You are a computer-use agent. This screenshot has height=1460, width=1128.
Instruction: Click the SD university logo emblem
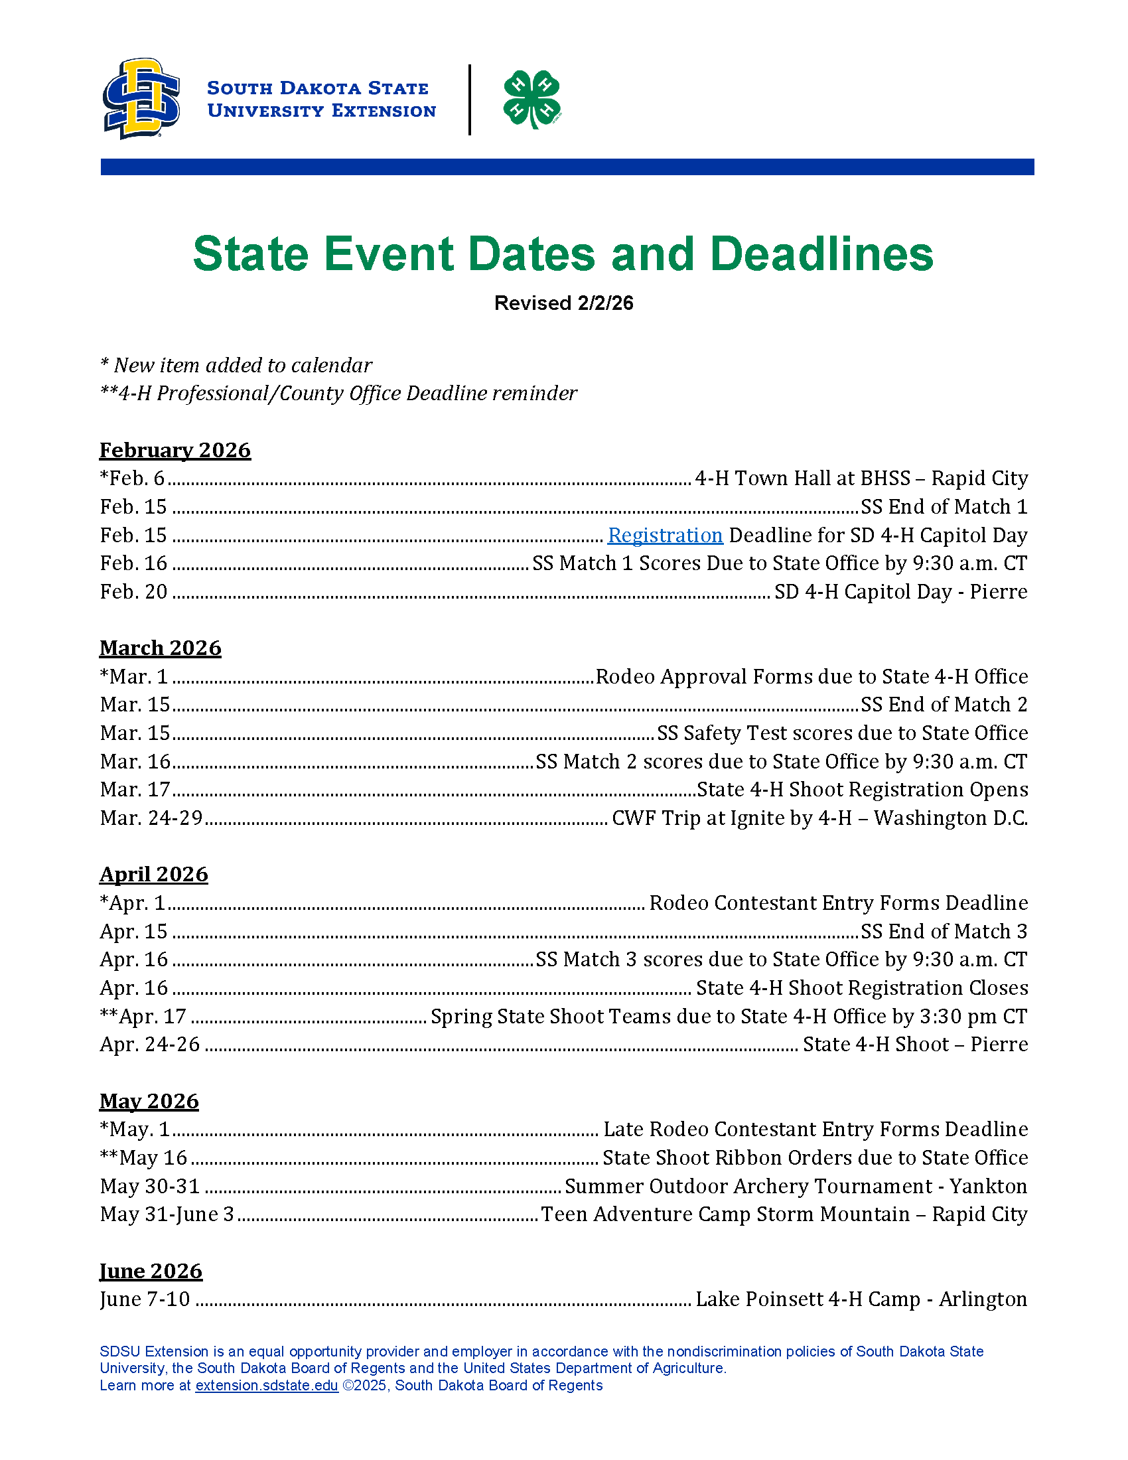[x=141, y=98]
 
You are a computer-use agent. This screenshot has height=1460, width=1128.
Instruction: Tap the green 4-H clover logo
[x=532, y=99]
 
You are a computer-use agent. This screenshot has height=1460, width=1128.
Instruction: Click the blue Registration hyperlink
[x=665, y=536]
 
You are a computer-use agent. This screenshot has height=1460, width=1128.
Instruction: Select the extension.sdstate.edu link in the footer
[x=266, y=1385]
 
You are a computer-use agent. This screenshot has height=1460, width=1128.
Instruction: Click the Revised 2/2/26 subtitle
[x=563, y=303]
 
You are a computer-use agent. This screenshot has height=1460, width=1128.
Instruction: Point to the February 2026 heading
[x=175, y=450]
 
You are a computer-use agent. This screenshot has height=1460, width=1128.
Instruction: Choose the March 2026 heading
[x=161, y=648]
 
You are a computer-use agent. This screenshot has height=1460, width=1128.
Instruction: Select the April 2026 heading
[x=154, y=875]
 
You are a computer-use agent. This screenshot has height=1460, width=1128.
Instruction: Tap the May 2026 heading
[x=149, y=1101]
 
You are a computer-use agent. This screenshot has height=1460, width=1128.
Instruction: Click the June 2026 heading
[x=151, y=1271]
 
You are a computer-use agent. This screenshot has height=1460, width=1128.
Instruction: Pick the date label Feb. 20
[x=133, y=592]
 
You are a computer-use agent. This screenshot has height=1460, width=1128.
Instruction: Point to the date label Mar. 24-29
[x=151, y=818]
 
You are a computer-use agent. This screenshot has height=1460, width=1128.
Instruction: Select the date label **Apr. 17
[x=143, y=1017]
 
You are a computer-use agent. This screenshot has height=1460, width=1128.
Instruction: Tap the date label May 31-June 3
[x=167, y=1214]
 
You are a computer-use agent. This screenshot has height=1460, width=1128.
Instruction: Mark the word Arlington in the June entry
[x=983, y=1299]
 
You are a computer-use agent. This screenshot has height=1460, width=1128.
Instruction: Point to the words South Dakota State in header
[x=317, y=88]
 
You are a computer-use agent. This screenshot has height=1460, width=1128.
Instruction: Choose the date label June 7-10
[x=145, y=1299]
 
